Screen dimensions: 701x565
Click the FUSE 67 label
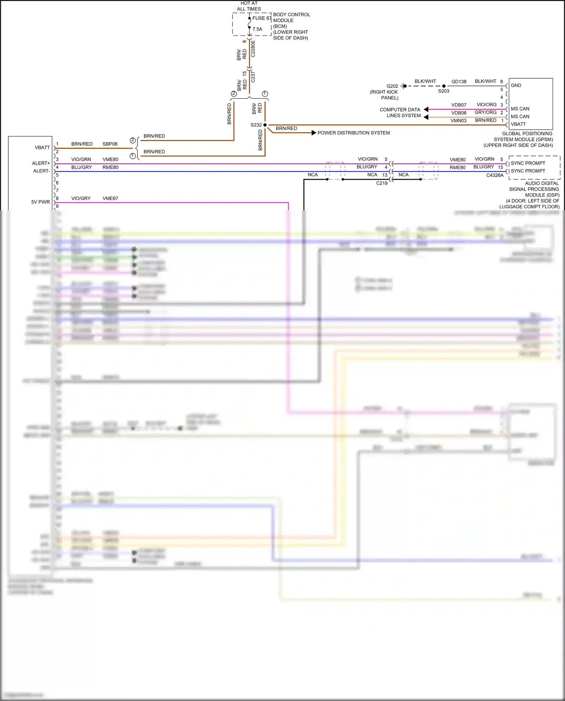(262, 18)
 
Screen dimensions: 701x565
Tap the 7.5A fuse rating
(257, 29)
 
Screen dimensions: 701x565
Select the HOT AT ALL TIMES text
(249, 6)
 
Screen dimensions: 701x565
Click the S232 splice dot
(265, 125)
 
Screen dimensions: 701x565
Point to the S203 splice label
(444, 91)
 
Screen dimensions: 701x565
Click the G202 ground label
(392, 86)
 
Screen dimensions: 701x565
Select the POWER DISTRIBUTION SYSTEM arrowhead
(314, 133)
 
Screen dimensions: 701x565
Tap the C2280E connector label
(253, 49)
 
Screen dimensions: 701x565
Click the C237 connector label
(253, 77)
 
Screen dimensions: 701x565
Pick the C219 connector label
(382, 183)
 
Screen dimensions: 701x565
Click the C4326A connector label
(495, 176)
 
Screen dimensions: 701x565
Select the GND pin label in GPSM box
(516, 86)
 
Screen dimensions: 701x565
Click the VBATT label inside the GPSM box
(518, 124)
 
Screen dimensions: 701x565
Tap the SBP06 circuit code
(110, 144)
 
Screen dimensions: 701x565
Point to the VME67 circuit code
(110, 199)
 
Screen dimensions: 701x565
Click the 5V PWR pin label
(41, 202)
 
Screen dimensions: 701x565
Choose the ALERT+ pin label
(41, 163)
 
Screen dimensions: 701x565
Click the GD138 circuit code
(459, 82)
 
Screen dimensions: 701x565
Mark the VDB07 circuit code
(459, 105)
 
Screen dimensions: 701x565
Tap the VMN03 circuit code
(458, 121)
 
